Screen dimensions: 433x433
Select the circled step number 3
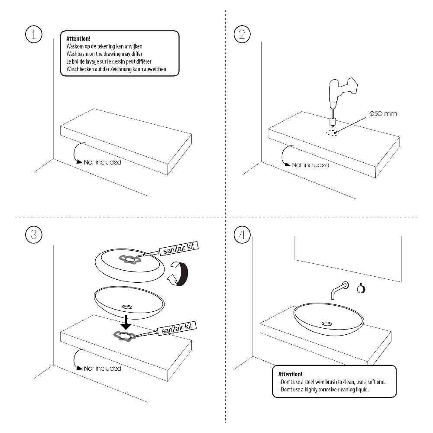[x=34, y=235]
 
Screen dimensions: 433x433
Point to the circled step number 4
[x=242, y=235]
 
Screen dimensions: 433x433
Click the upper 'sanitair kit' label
[x=179, y=248]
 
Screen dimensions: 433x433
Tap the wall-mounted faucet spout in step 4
[x=337, y=290]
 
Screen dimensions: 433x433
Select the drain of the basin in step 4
[x=327, y=323]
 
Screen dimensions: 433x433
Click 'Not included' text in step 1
[x=102, y=162]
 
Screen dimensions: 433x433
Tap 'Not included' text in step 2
[x=310, y=165]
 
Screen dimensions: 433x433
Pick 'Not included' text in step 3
[x=102, y=368]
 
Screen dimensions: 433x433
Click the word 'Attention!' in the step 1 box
[x=78, y=39]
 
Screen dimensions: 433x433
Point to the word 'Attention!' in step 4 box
[x=290, y=374]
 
